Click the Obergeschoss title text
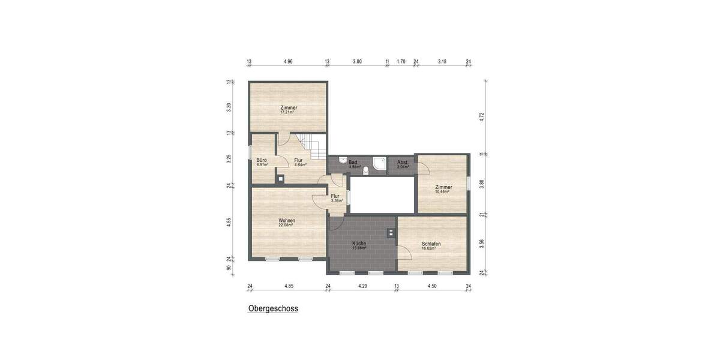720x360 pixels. [x=273, y=309]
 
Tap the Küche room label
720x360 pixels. [x=359, y=244]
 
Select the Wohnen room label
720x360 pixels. [x=287, y=220]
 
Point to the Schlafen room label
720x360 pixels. [x=431, y=244]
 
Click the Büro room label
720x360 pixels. [x=262, y=160]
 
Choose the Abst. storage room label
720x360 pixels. [x=402, y=163]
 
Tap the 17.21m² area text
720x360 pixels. [x=289, y=112]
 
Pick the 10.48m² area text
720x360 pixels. [x=443, y=191]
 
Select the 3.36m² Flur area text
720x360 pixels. [x=336, y=200]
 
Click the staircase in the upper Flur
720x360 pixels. [x=313, y=144]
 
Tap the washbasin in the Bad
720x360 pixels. [x=341, y=160]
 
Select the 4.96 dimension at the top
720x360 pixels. [x=288, y=61]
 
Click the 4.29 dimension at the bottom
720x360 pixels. [x=362, y=286]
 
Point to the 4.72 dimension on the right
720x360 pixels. [x=481, y=117]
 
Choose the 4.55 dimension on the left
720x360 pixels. [x=229, y=222]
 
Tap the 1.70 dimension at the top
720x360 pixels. [x=401, y=61]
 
